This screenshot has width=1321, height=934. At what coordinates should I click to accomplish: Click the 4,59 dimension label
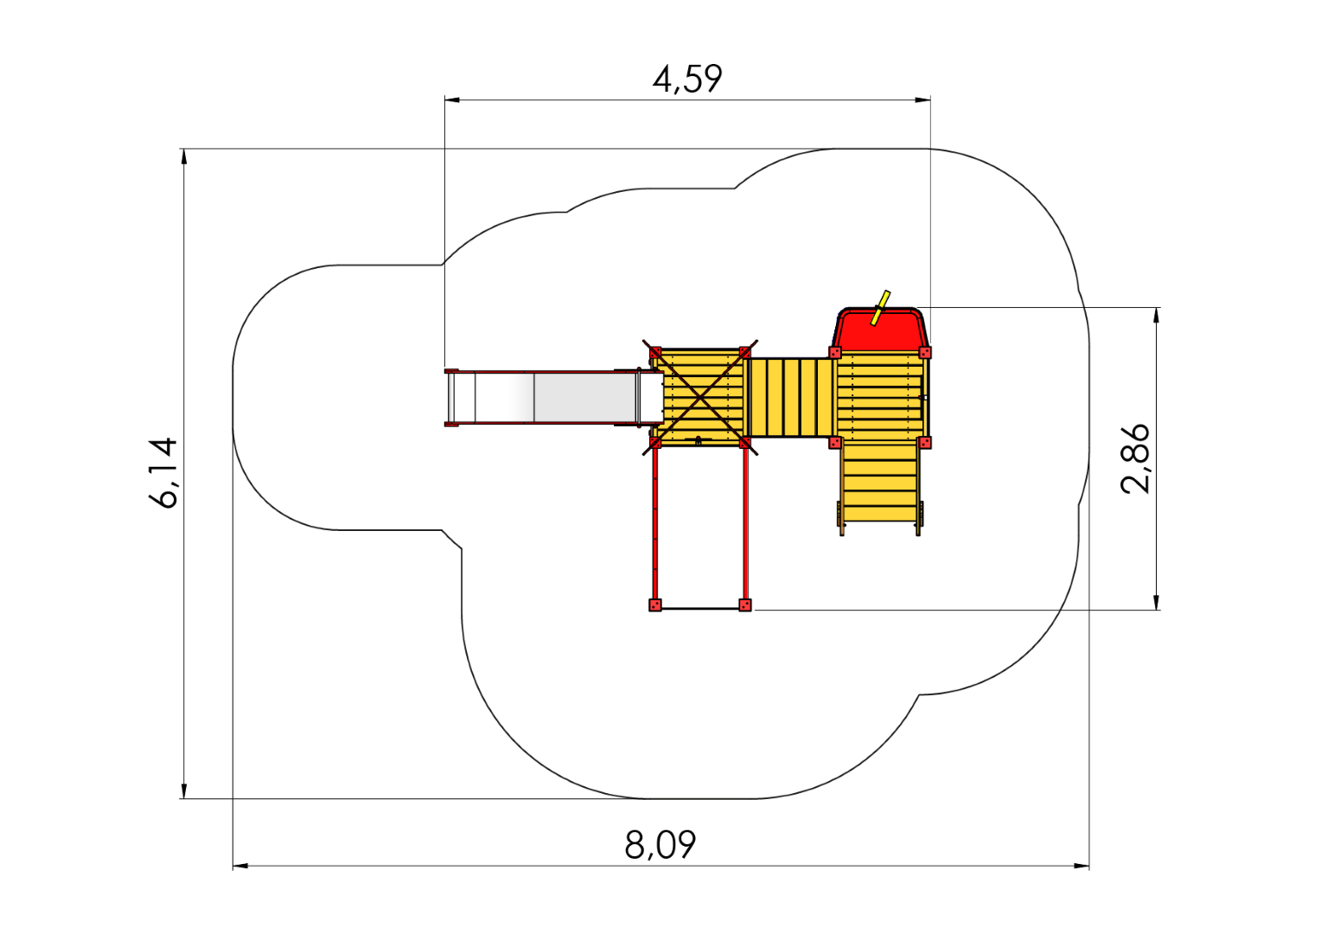click(687, 79)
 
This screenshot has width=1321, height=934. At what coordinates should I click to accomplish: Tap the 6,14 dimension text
click(163, 472)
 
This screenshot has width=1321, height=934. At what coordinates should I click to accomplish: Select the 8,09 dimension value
click(660, 845)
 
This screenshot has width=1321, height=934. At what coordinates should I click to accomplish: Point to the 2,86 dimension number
click(1134, 458)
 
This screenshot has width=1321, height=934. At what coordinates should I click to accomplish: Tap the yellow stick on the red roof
click(881, 307)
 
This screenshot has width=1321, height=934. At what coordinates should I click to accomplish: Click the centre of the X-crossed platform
click(700, 399)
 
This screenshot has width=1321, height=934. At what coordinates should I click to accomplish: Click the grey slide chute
click(554, 397)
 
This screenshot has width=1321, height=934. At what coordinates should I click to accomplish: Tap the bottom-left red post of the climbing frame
click(654, 605)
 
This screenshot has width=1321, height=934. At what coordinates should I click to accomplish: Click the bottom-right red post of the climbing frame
click(745, 605)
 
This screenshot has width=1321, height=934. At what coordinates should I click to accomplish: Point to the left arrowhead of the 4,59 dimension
click(452, 99)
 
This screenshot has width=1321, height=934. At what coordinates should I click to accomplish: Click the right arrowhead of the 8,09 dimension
click(1082, 867)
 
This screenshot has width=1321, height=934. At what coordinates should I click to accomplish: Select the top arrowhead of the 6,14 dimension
click(184, 157)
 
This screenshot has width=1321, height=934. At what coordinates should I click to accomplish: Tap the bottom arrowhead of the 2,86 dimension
click(1157, 602)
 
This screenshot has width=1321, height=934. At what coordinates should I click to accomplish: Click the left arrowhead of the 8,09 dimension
click(240, 867)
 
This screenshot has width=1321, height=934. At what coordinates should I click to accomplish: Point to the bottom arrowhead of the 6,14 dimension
click(184, 791)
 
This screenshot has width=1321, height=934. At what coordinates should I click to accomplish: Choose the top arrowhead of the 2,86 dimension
click(1157, 315)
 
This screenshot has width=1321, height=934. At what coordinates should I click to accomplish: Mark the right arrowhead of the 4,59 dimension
click(923, 99)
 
